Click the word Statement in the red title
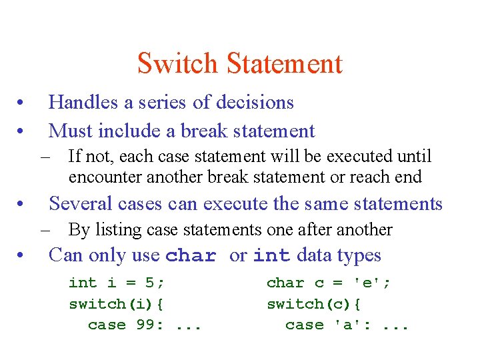coord(285,64)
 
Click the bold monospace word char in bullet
coord(191,256)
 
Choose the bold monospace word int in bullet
coord(272,256)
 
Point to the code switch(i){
coord(117,304)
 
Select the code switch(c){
coord(314,304)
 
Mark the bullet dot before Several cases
coord(22,203)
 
